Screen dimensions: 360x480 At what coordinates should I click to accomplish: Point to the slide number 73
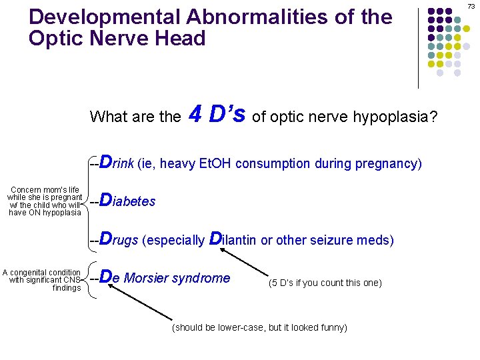[471, 6]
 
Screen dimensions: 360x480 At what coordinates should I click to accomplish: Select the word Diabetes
[127, 201]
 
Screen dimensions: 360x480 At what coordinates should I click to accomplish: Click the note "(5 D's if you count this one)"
[325, 283]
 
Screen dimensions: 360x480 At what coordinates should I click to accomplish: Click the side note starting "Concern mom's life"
[45, 201]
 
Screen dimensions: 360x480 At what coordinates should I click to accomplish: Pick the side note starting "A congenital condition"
[42, 279]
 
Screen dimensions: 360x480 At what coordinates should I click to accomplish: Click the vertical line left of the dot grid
[418, 47]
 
